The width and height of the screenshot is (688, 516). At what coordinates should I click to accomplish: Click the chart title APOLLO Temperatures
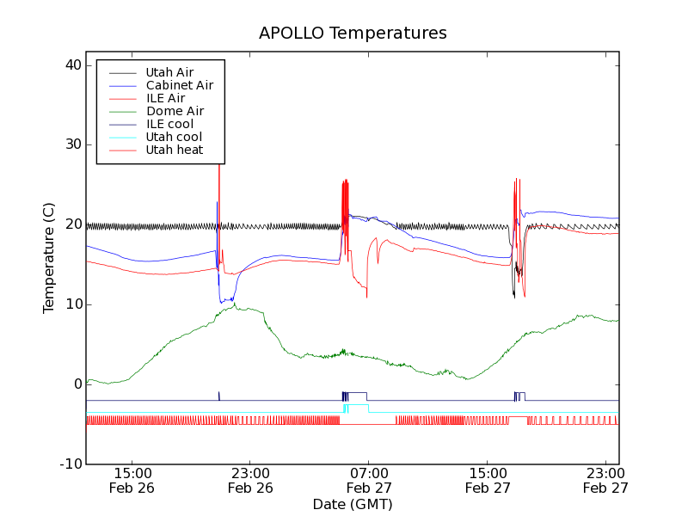click(x=353, y=34)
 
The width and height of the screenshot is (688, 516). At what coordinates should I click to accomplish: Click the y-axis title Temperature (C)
click(x=49, y=258)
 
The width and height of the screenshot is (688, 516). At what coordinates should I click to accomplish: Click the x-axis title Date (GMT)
click(x=353, y=504)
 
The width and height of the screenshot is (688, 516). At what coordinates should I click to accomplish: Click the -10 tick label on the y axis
click(x=70, y=464)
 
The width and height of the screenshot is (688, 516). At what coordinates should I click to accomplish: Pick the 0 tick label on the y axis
click(x=76, y=384)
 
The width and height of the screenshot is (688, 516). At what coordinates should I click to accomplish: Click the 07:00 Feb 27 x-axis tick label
click(x=368, y=480)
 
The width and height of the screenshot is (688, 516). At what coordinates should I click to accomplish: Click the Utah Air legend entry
click(x=169, y=72)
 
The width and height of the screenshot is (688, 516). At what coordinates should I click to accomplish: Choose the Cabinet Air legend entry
click(x=179, y=85)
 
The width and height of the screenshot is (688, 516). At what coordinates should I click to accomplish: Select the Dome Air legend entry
click(x=175, y=111)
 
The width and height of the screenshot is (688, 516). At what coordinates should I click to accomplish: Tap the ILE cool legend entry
click(x=169, y=124)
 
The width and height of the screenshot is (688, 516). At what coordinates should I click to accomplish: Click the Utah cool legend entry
click(x=174, y=137)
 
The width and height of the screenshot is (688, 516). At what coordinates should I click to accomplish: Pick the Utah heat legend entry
click(x=175, y=150)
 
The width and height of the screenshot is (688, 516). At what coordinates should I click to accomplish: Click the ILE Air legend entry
click(x=165, y=98)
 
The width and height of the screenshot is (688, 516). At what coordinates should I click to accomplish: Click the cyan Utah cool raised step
click(x=357, y=404)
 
